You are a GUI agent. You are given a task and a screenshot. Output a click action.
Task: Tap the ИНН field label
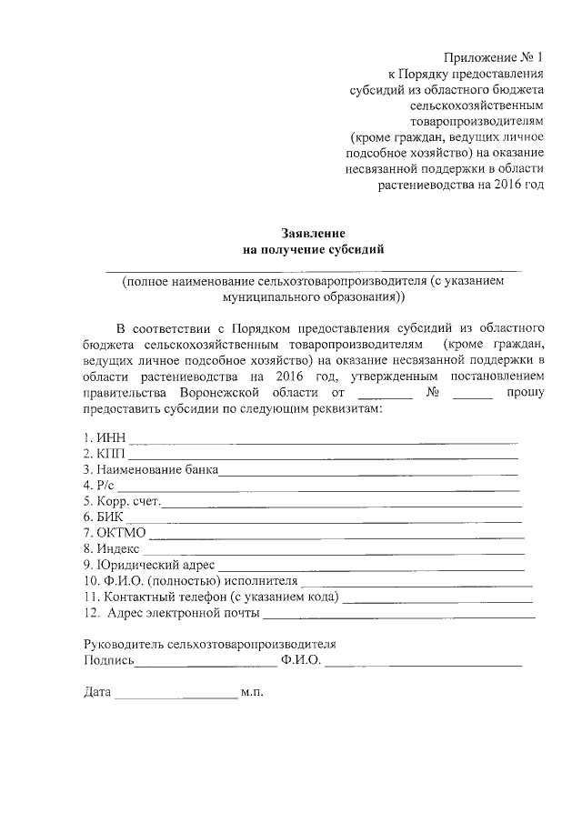(x=104, y=437)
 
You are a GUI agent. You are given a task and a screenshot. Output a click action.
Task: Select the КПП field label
(x=105, y=453)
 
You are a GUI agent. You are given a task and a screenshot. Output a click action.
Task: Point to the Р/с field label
(x=101, y=486)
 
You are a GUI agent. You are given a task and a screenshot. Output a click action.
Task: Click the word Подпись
(x=107, y=660)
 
